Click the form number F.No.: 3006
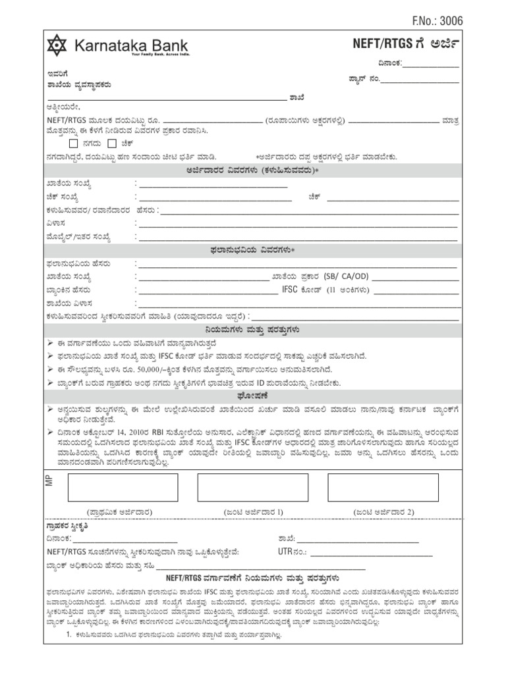(437, 21)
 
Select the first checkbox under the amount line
(74, 143)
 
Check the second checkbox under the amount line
(112, 143)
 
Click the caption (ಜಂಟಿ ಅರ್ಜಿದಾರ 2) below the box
(383, 511)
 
